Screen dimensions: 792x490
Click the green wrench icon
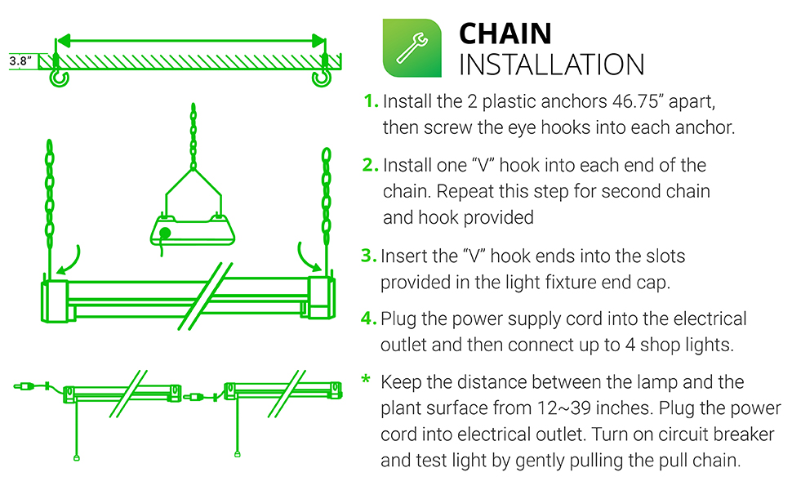412,48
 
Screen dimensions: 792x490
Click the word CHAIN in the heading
505,33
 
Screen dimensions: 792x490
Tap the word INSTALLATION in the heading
552,65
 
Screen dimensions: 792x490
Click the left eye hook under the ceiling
58,77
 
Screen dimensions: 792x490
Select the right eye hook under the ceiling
323,77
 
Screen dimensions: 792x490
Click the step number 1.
372,102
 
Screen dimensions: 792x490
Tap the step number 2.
372,166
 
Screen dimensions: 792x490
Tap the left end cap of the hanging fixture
54,298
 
